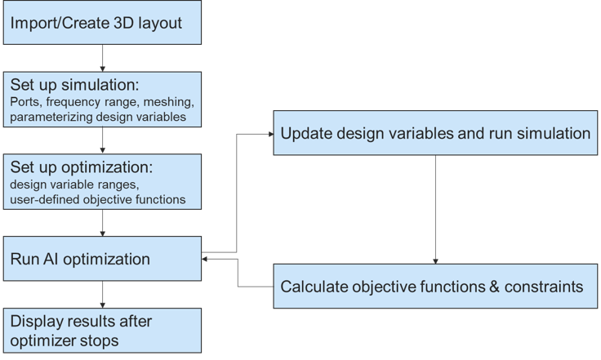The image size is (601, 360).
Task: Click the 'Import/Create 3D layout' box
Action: click(102, 22)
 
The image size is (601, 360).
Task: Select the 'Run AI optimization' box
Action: click(102, 259)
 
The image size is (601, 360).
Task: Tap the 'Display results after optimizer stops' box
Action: click(102, 331)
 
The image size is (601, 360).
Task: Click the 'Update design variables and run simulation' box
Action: click(435, 133)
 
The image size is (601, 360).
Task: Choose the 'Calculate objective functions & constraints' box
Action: click(435, 286)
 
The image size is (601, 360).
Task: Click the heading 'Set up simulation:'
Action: click(74, 85)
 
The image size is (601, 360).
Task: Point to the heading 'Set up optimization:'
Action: click(82, 167)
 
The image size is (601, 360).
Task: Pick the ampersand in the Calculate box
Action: click(495, 287)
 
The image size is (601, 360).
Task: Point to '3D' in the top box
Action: click(123, 23)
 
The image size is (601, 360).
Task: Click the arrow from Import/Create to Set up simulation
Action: click(102, 58)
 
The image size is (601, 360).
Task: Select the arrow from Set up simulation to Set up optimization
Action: click(102, 140)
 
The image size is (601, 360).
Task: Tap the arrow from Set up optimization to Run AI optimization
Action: click(102, 223)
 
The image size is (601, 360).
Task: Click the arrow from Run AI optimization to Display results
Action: click(102, 295)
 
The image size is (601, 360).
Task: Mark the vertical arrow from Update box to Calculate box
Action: click(435, 210)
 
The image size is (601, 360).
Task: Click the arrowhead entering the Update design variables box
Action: click(271, 134)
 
